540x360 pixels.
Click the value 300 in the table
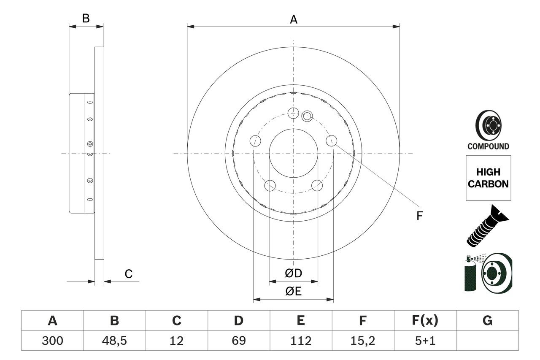(52, 341)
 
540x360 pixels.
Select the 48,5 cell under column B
(114, 341)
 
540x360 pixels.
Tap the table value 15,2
(363, 341)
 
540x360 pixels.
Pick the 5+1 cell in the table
(425, 341)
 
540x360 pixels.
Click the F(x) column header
(425, 321)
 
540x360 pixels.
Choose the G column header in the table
(487, 321)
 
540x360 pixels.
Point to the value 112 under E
(301, 341)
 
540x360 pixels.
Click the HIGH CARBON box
(488, 178)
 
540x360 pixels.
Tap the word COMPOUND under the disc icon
(488, 146)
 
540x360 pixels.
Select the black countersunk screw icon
(487, 226)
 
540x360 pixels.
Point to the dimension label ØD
(293, 273)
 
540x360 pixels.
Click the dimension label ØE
(293, 292)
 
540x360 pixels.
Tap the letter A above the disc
(293, 19)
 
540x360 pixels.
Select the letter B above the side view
(86, 19)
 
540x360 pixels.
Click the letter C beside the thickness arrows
(129, 274)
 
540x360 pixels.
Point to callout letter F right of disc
(419, 216)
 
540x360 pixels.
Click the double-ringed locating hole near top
(307, 115)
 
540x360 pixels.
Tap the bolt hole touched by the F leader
(332, 141)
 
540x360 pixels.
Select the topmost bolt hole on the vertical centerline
(293, 113)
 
